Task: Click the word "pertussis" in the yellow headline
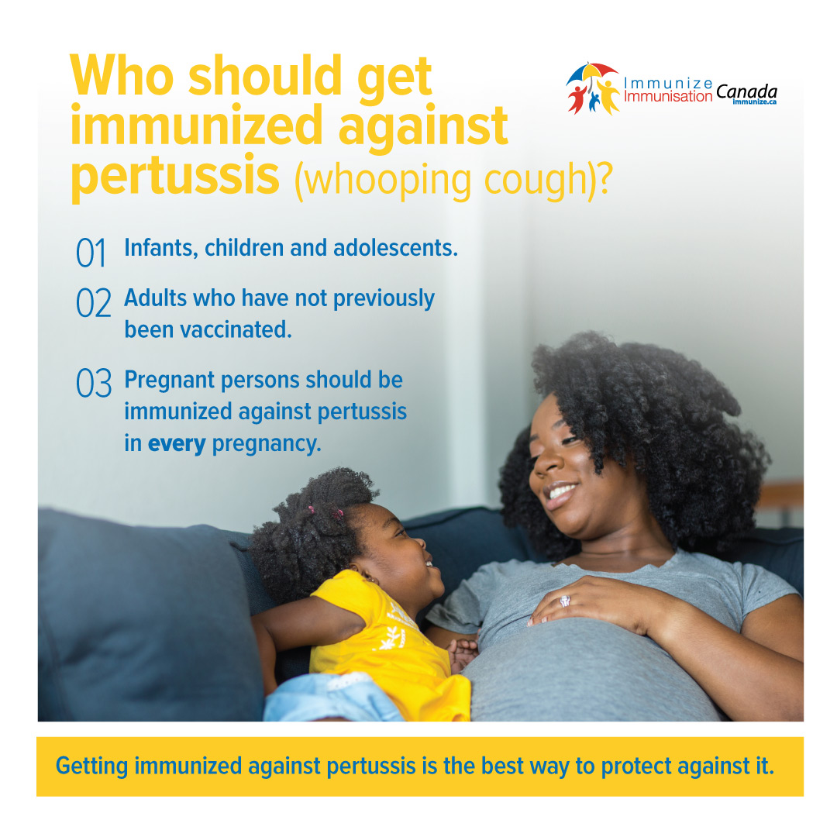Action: tap(174, 177)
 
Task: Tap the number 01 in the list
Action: tap(91, 253)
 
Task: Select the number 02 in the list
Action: tap(94, 303)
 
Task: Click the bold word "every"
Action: tap(177, 445)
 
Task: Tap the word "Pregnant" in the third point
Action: tap(170, 381)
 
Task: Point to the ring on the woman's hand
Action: tap(565, 599)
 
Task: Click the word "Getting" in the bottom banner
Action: tap(91, 766)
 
